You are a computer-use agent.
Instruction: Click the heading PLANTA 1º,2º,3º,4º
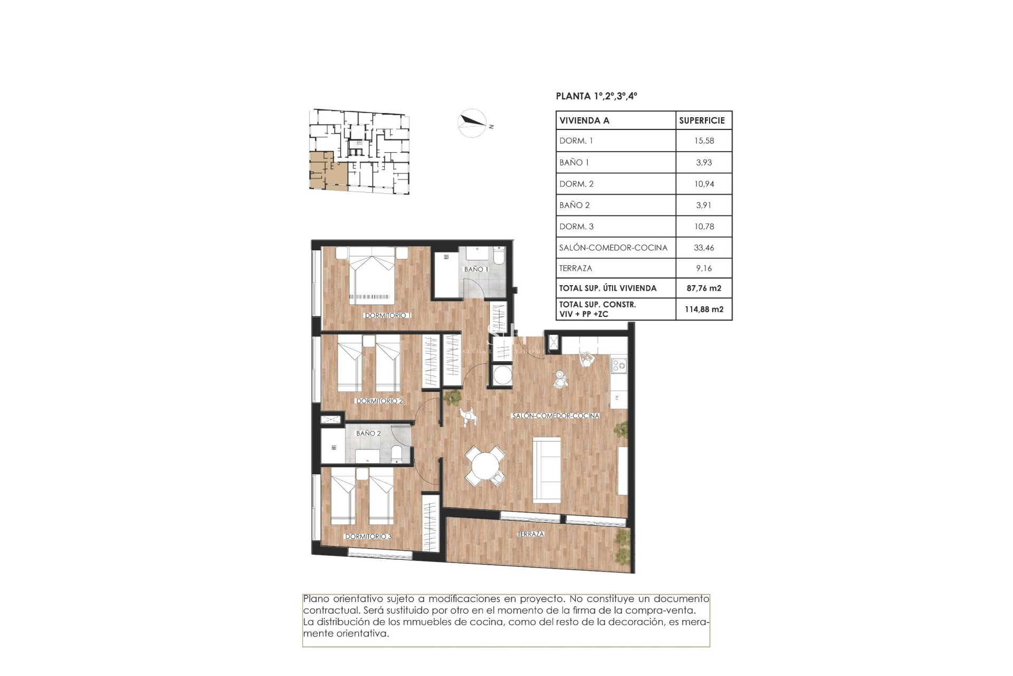(596, 96)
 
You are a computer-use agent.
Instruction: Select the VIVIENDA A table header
(584, 120)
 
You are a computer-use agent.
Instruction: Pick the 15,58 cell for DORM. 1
(704, 141)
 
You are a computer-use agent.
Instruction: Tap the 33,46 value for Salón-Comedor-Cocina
(704, 247)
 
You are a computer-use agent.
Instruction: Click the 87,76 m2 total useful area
(704, 288)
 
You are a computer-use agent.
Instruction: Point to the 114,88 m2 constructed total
(704, 309)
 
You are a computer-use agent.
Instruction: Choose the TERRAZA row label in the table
(576, 268)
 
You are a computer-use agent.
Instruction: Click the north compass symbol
(472, 123)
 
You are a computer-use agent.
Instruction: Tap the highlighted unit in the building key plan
(323, 172)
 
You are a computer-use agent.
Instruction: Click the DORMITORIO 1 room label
(388, 315)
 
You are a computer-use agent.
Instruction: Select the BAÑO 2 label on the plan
(368, 433)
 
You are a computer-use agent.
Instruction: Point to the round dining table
(485, 466)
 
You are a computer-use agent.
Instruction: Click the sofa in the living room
(547, 470)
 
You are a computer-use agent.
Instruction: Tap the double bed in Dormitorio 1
(372, 277)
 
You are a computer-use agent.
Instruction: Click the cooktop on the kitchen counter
(618, 364)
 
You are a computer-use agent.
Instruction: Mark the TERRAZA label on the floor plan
(530, 534)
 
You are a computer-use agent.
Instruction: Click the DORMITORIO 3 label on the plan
(368, 536)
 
